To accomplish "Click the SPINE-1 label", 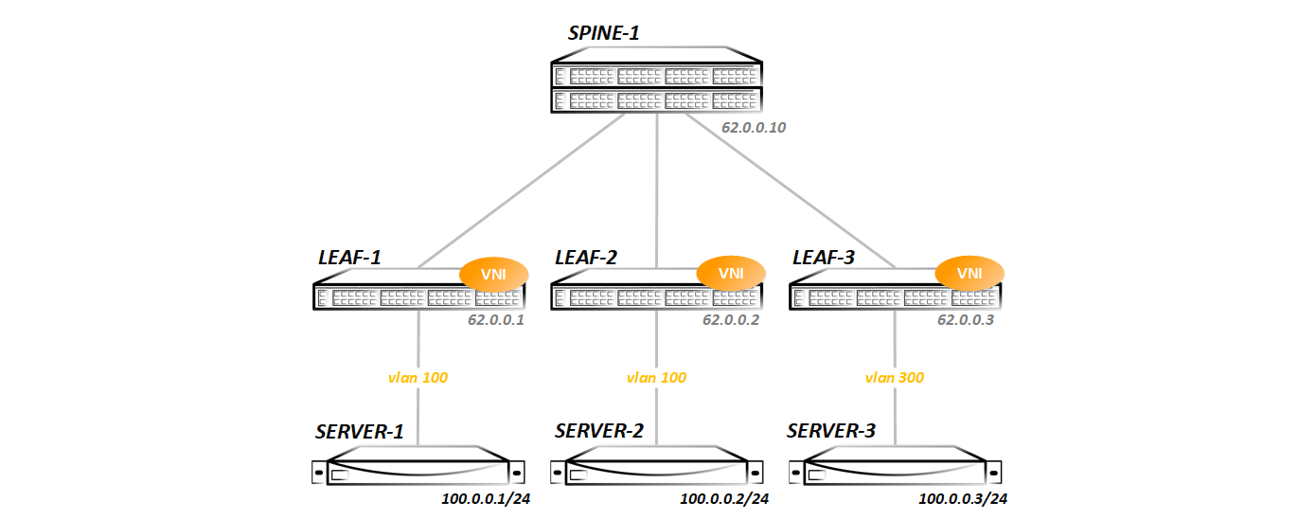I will [603, 33].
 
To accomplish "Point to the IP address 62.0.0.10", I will [754, 127].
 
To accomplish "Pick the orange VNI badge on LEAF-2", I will [730, 274].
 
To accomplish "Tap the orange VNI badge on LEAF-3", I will [969, 274].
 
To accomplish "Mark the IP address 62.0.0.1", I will [495, 320].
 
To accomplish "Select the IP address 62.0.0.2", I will [731, 320].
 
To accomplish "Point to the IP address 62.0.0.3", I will [966, 320].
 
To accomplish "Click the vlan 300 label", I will [895, 377].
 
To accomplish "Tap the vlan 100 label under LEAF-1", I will [418, 377].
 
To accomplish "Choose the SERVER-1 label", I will [360, 432].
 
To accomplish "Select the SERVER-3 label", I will [831, 432].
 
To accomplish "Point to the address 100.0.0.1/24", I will [485, 498].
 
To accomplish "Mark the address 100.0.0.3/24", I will [962, 498].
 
